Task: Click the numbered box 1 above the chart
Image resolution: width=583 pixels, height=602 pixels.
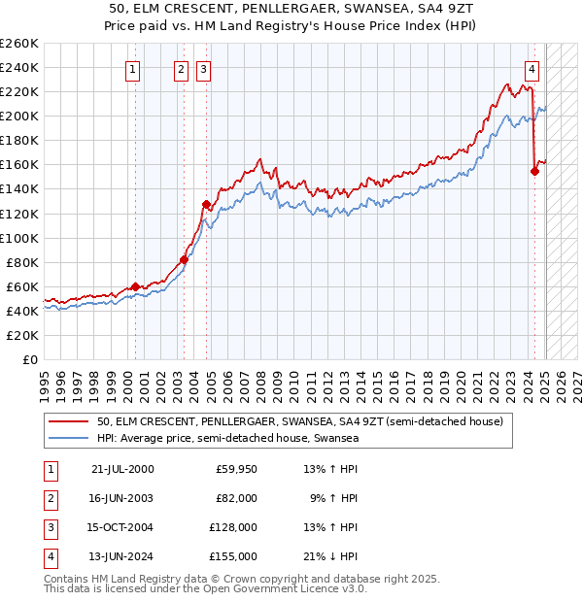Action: [x=132, y=69]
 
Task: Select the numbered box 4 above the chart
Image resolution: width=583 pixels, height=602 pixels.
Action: [x=532, y=69]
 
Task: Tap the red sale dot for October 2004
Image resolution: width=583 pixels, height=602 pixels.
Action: [x=206, y=204]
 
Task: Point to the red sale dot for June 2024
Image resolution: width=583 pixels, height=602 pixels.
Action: [x=534, y=171]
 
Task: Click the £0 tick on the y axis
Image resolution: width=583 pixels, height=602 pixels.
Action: [x=30, y=359]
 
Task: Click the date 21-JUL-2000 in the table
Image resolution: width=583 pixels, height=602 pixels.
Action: [x=122, y=470]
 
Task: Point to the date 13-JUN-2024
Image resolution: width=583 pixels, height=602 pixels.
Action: [x=122, y=556]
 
